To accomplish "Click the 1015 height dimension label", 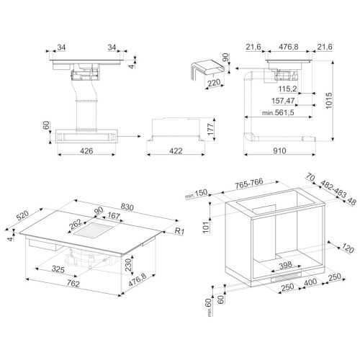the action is click(x=328, y=101).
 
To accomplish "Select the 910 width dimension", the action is click(x=279, y=150).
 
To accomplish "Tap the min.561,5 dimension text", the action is click(x=278, y=112).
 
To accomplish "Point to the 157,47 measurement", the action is click(x=283, y=101).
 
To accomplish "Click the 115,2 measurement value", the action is click(x=287, y=89).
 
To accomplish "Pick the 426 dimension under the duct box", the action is click(x=86, y=151).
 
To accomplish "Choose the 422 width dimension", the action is click(x=176, y=151).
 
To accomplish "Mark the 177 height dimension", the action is click(x=210, y=130).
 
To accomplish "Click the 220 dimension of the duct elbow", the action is click(x=214, y=83).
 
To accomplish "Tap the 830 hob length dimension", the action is click(x=127, y=207).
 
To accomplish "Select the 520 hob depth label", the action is click(x=22, y=215).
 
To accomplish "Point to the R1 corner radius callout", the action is click(x=179, y=231).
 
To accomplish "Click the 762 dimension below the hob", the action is click(x=73, y=284).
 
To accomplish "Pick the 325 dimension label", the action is click(x=58, y=269).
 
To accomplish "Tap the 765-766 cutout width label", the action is click(x=249, y=184).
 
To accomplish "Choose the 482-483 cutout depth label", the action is click(x=333, y=189).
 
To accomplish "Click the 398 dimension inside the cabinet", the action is click(x=286, y=265).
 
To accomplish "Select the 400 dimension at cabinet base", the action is click(x=310, y=282).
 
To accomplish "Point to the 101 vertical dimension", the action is click(x=206, y=228).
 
